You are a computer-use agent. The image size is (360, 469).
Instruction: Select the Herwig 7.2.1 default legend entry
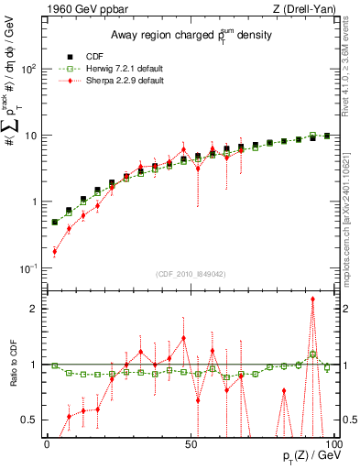[x=112, y=67]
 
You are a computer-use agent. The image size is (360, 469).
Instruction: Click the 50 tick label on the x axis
[x=191, y=442]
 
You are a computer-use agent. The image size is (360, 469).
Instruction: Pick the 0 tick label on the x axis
[x=48, y=442]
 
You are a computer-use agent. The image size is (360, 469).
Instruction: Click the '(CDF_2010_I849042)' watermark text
[x=191, y=273]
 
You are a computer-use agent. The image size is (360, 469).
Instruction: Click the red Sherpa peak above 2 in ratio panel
[x=313, y=299]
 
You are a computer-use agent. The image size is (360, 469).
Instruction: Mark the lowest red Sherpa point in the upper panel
[x=55, y=251]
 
